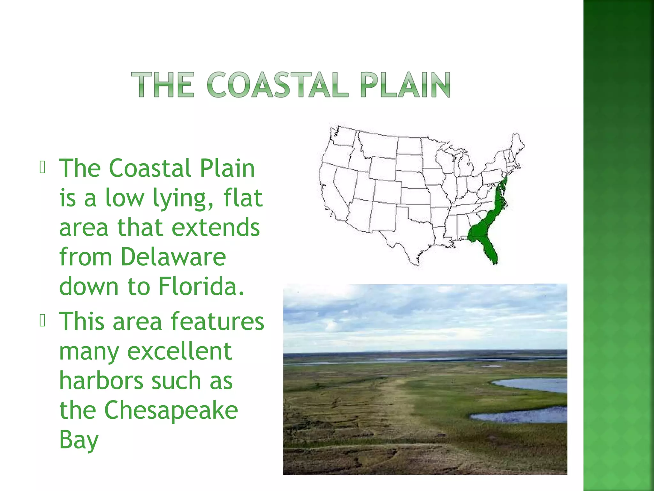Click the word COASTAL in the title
pyautogui.click(x=277, y=85)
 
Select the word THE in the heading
pyautogui.click(x=163, y=85)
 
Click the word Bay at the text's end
pyautogui.click(x=79, y=440)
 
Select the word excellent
pyautogui.click(x=179, y=351)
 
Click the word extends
pyautogui.click(x=216, y=227)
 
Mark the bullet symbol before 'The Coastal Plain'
pyautogui.click(x=42, y=167)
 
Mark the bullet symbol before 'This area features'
pyautogui.click(x=42, y=321)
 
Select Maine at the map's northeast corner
pyautogui.click(x=517, y=144)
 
